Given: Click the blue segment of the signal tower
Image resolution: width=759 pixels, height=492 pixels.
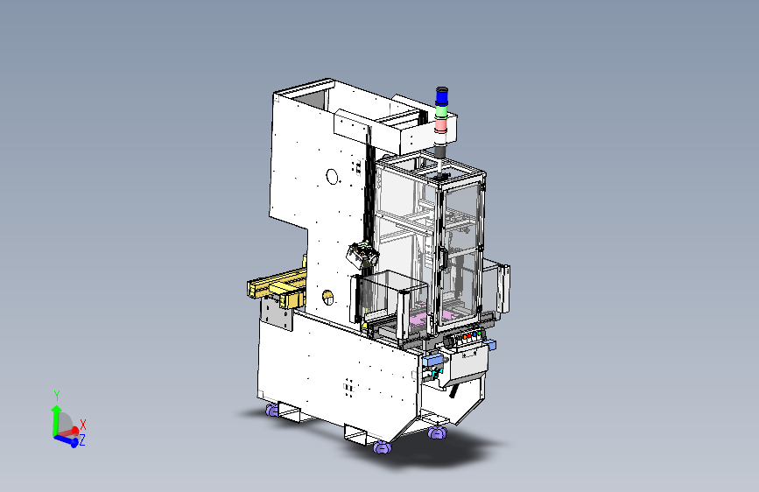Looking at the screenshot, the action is coord(441,97).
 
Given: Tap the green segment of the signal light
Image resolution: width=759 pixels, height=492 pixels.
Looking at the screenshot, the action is coord(441,111).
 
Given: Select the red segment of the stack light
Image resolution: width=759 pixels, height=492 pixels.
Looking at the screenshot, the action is coord(440,125).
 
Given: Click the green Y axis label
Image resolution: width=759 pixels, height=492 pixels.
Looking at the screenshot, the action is coord(57,395).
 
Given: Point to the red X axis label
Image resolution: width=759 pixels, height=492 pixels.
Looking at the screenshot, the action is coord(83,425).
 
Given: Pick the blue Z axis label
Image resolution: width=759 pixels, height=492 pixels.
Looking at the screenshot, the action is coord(82,440).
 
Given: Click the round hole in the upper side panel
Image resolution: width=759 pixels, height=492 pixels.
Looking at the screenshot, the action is coord(332,177).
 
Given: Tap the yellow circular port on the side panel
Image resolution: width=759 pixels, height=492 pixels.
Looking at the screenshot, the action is coord(327,297).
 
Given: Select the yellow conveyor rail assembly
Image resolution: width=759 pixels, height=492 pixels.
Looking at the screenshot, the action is coord(277,288).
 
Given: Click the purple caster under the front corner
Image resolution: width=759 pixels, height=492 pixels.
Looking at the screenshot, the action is coord(382,447).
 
